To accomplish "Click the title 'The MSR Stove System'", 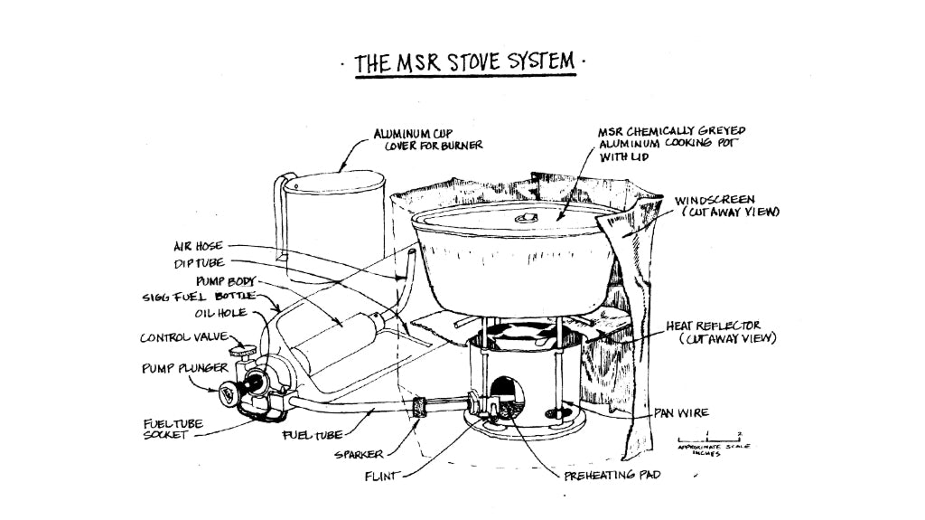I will click(x=464, y=62).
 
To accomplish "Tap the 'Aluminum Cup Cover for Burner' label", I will click(x=428, y=138).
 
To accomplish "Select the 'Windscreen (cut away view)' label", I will click(x=726, y=205).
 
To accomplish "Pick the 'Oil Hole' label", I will click(x=221, y=314).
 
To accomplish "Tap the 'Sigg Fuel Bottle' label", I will click(x=199, y=296).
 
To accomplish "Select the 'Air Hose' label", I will click(x=197, y=246).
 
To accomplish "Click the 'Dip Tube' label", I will click(x=198, y=263).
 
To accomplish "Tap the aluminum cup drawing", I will click(x=333, y=226).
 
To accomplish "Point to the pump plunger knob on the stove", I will click(x=230, y=392).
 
